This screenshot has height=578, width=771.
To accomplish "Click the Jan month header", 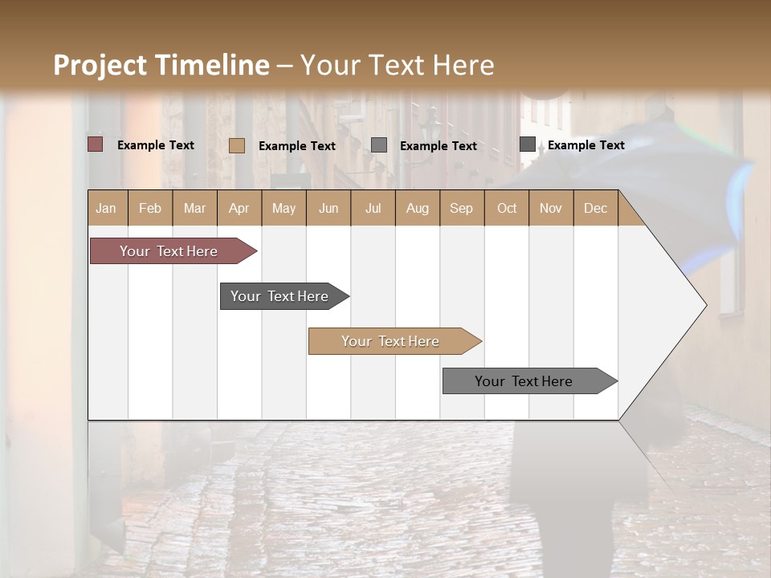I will point(106,208).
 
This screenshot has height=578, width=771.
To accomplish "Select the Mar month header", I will point(194,208).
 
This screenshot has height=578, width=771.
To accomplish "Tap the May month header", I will point(284,208).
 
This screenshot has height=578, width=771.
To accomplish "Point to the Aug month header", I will point(417,208).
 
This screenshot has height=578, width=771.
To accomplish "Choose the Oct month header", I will point(507,208).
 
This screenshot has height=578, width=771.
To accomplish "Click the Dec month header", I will point(595,208).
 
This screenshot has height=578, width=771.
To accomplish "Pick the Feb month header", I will point(150,208).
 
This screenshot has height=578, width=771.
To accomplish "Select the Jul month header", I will point(373,208).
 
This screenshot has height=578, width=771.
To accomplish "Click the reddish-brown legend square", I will point(96,144).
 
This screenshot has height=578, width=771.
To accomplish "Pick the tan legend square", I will point(237,145).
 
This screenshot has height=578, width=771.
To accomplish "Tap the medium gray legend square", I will point(379,144).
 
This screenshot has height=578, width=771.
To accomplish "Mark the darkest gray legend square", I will point(528,144).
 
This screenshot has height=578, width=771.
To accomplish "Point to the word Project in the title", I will point(99,65).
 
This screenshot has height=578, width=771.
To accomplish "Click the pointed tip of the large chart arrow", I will point(704,305).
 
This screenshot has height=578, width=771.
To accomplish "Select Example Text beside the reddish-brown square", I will point(156,145).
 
